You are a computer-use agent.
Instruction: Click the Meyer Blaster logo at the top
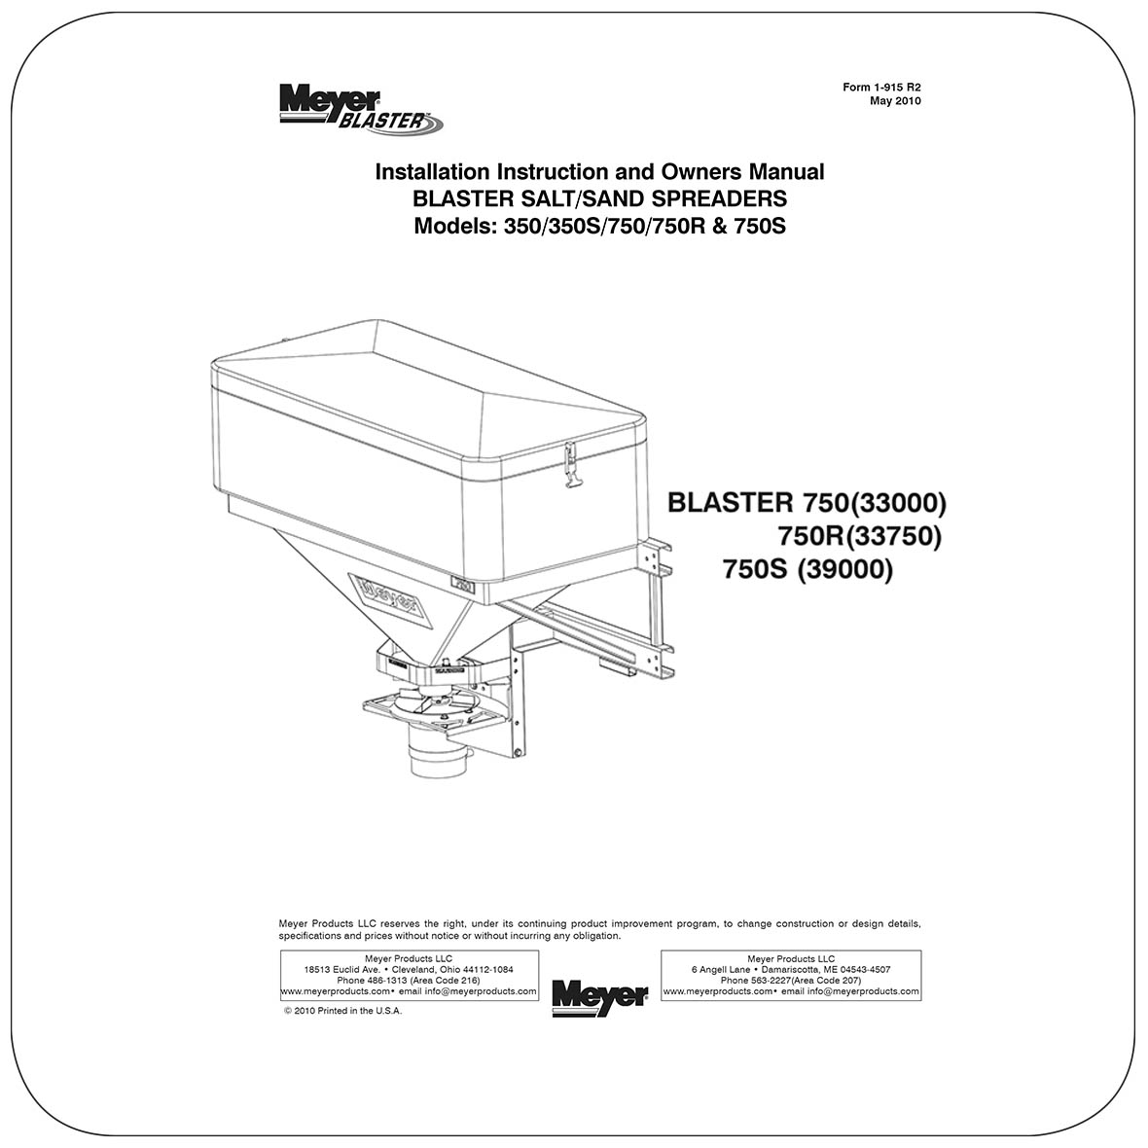(359, 107)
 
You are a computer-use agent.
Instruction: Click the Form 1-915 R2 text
(881, 88)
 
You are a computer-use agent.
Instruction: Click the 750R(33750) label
(859, 536)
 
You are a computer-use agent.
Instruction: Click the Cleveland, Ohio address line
(409, 970)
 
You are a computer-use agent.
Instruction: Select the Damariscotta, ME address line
(791, 970)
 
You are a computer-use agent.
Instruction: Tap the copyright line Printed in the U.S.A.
(342, 1011)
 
